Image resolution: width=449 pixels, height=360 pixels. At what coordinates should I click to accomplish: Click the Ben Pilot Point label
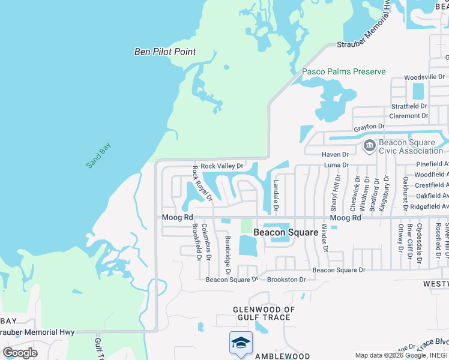point(165,52)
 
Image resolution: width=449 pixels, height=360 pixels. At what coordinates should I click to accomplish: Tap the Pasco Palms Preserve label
point(343,71)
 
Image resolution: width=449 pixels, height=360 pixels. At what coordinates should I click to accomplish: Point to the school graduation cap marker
point(241,343)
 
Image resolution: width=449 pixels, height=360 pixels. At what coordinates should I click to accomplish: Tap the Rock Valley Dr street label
point(221,166)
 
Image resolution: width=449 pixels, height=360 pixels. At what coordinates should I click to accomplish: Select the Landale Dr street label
point(276,197)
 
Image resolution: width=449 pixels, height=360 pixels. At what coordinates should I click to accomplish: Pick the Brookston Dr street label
point(286,280)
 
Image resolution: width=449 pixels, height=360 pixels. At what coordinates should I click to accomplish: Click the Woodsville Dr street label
point(424,77)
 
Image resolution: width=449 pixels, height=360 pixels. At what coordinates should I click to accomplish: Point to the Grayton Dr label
point(368,127)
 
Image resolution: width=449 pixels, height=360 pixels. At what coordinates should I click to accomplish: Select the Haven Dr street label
point(336,155)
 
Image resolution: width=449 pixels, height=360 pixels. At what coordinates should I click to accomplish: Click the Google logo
point(20,352)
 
